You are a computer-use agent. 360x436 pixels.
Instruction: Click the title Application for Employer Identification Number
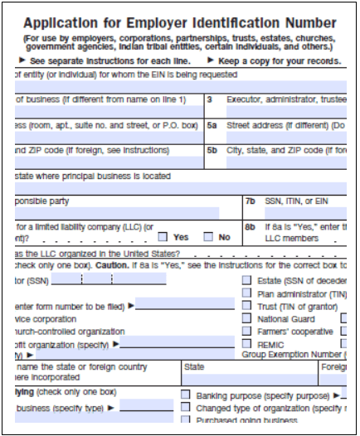[x=180, y=23]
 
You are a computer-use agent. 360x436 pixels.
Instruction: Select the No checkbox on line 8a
[x=208, y=237]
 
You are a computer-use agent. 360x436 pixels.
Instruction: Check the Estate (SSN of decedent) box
[x=247, y=281]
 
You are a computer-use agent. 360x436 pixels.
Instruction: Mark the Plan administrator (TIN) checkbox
[x=247, y=293]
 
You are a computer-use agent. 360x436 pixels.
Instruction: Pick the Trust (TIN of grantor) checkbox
[x=247, y=306]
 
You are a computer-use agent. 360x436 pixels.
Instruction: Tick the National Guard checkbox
[x=247, y=318]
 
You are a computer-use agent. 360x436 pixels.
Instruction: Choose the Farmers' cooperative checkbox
[x=247, y=331]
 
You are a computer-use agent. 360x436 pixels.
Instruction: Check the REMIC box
[x=247, y=343]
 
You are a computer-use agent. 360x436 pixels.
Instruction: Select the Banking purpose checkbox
[x=185, y=395]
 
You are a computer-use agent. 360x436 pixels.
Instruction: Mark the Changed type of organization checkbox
[x=185, y=408]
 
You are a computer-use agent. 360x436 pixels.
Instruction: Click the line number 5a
[x=212, y=126]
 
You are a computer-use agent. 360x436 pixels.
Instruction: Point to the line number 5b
[x=212, y=152]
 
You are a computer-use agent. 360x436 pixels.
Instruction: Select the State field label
[x=194, y=366]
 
